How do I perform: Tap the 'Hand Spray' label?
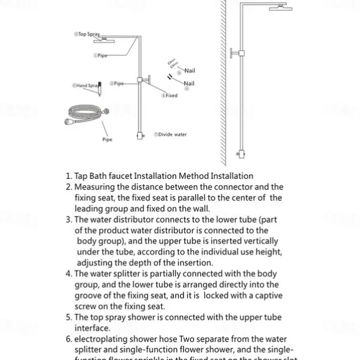(x=85, y=86)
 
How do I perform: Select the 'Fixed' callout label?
(x=169, y=95)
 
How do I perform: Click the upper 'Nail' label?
(x=189, y=71)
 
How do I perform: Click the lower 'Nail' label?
(x=189, y=84)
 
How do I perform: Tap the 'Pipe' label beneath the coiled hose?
(x=107, y=140)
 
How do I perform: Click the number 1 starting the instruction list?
(x=68, y=176)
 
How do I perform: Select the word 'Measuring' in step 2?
(x=95, y=187)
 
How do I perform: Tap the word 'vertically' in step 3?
(x=259, y=241)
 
